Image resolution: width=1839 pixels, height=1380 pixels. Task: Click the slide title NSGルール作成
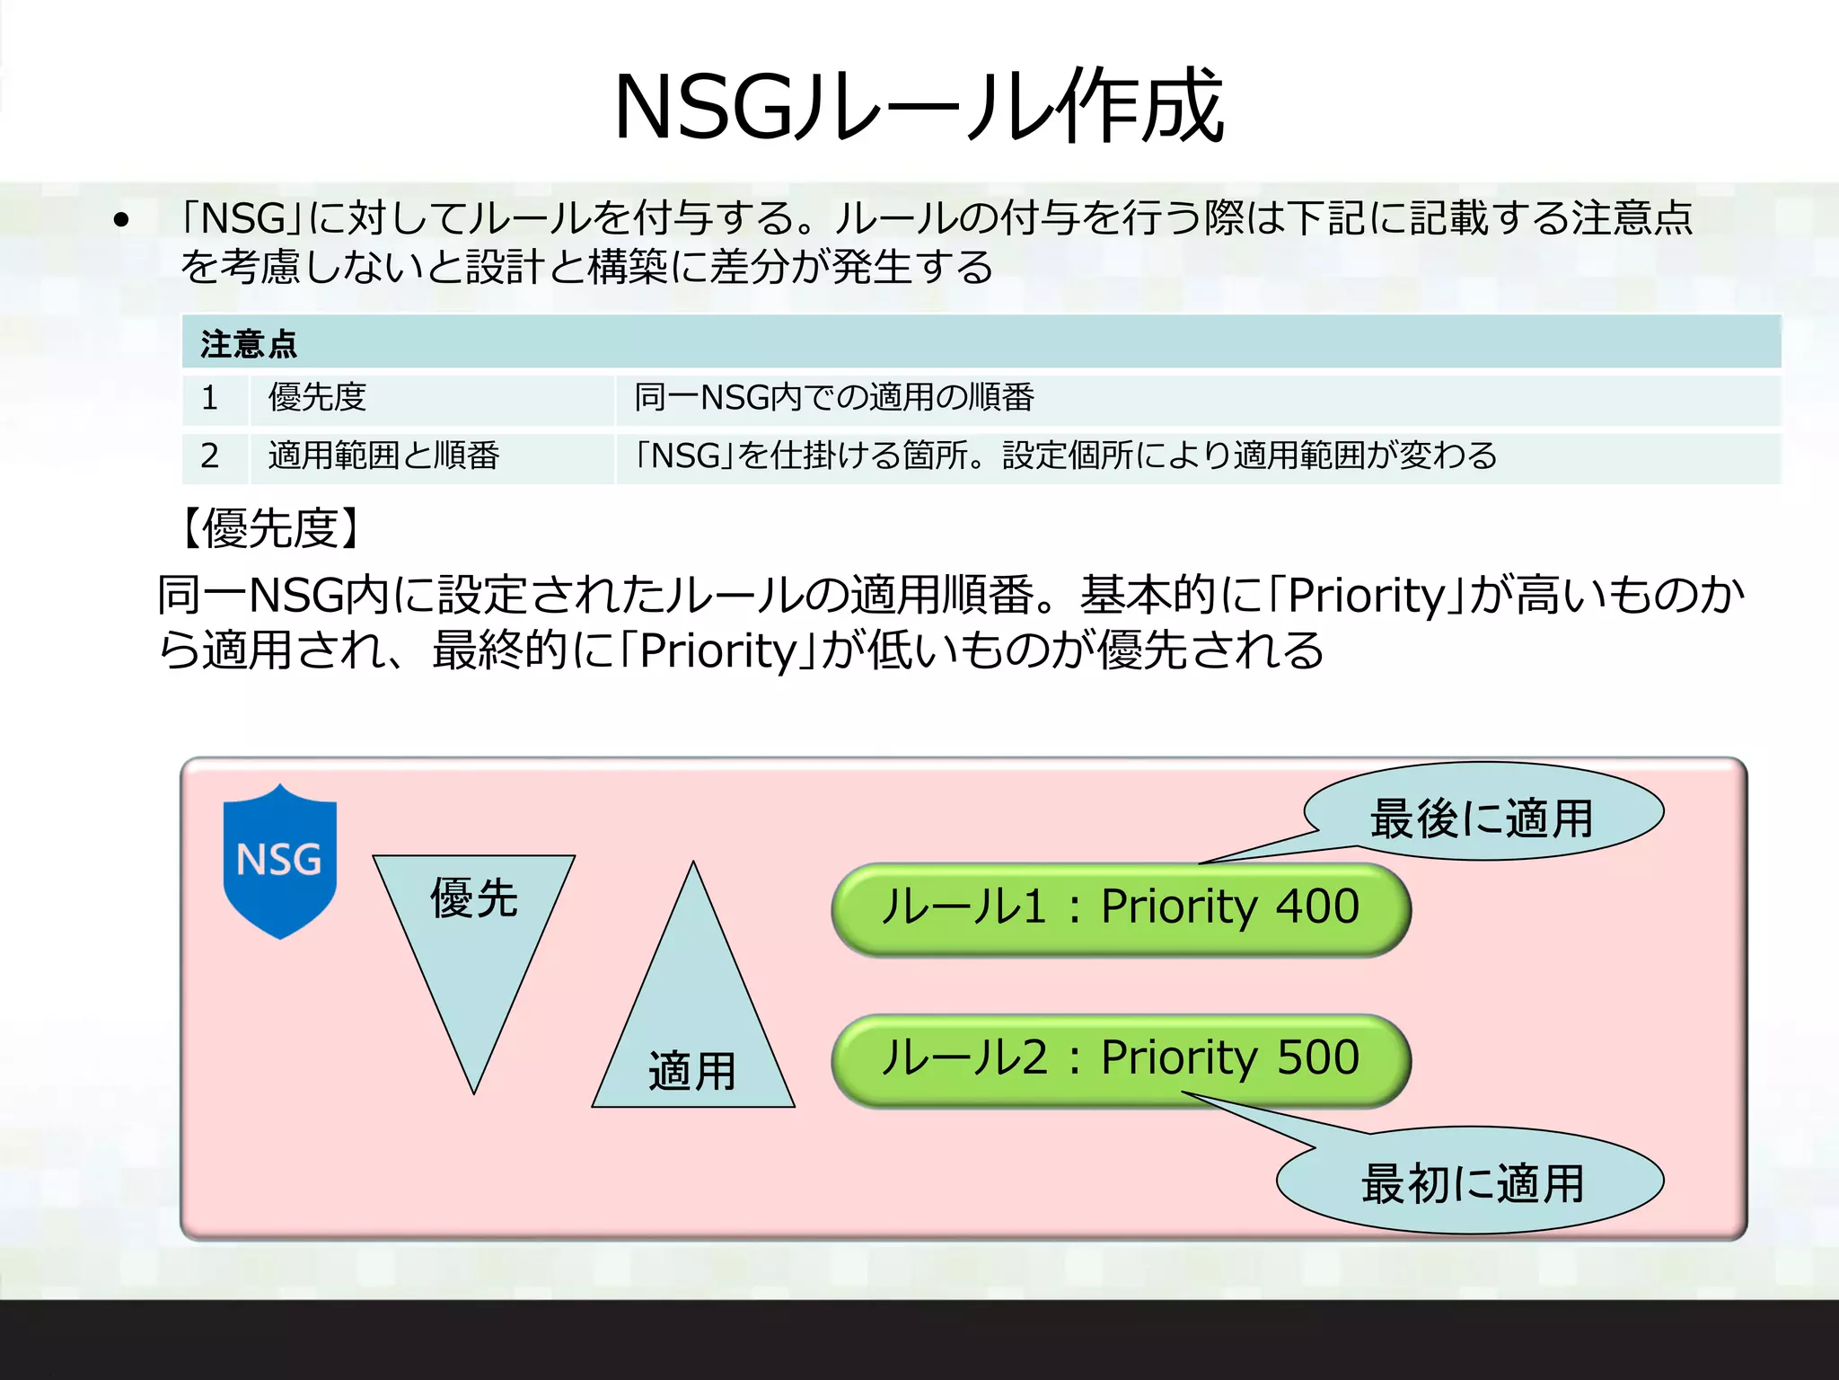[x=919, y=106]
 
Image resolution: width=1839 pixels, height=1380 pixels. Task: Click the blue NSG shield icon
[x=279, y=861]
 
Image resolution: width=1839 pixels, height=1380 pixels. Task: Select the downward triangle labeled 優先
[x=473, y=934]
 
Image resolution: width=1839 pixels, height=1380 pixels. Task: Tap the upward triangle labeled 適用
[x=692, y=1033]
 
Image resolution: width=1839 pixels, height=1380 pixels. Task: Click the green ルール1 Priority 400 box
[x=1120, y=909]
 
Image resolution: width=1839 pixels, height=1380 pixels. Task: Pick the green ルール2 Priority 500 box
[x=1120, y=1060]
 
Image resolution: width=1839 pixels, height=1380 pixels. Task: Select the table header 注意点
[x=249, y=343]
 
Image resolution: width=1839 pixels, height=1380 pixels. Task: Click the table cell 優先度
[x=317, y=397]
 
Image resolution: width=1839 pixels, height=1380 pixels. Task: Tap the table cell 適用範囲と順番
[x=383, y=456]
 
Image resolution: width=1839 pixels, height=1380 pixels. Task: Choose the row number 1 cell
[x=210, y=398]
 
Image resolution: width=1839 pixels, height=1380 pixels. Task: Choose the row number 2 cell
[x=210, y=456]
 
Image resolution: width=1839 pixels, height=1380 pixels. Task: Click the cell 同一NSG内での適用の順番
[x=834, y=397]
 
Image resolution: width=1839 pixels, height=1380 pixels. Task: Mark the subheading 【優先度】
[x=270, y=528]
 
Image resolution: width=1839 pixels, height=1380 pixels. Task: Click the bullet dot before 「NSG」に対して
[x=122, y=220]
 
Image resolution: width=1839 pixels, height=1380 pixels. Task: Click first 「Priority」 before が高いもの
[x=1366, y=595]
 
